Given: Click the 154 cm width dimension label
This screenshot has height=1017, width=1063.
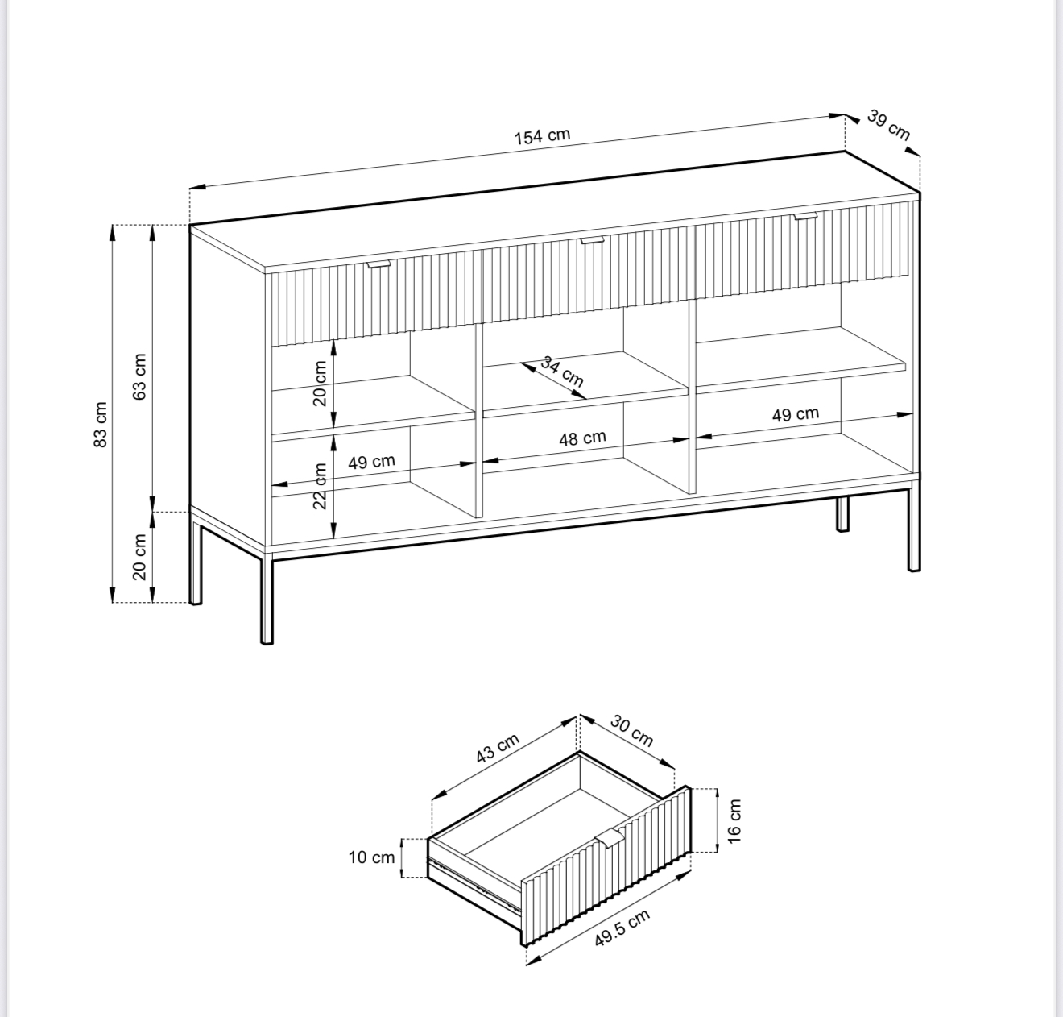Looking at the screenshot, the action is point(542,136).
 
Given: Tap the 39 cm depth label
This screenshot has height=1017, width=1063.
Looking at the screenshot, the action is point(889,126).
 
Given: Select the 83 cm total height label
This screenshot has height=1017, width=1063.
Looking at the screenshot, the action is point(101,425).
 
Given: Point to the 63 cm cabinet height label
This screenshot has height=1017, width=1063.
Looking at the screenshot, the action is point(140,376).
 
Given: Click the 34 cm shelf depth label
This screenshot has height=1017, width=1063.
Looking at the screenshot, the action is point(562,371).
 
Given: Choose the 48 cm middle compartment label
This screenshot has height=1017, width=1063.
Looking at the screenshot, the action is point(582,438).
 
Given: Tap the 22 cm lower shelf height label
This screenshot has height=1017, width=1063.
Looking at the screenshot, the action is point(320,486).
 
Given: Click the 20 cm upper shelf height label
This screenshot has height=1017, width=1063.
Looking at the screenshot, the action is point(320,383).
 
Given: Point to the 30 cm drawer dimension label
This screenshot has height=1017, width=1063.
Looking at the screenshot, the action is point(631,730).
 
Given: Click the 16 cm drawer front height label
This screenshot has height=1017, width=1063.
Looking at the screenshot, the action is point(734,820).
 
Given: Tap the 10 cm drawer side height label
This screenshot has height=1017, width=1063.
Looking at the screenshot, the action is point(371,857).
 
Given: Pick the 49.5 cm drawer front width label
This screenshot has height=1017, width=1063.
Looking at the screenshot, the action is point(622,928).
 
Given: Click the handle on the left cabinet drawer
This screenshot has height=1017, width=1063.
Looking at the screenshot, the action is point(379,264).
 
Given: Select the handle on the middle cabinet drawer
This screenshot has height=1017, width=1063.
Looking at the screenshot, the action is point(592,240).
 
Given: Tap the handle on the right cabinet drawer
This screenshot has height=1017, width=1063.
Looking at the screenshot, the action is point(806,216).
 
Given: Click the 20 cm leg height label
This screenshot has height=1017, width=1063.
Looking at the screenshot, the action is point(140,557).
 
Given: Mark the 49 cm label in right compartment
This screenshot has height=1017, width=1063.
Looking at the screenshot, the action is point(796,414).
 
